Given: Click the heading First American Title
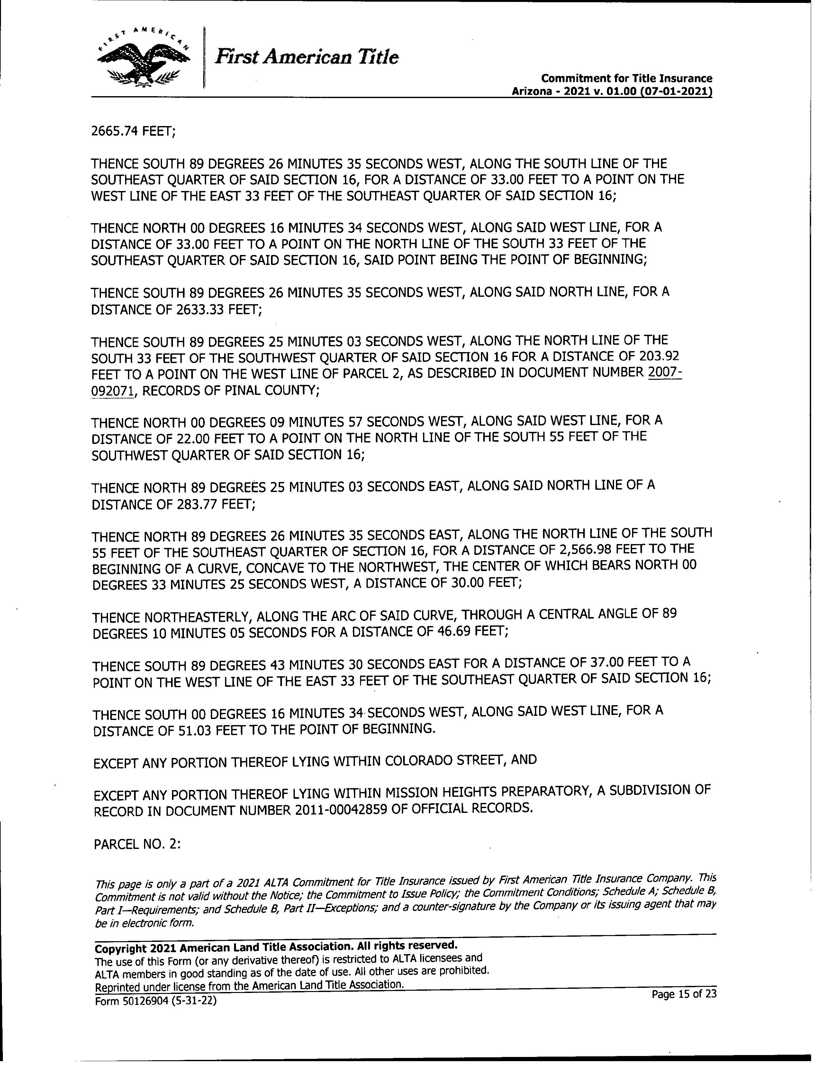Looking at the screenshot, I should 307,58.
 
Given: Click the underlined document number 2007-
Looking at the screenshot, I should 665,373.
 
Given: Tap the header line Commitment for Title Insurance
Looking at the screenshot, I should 627,78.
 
